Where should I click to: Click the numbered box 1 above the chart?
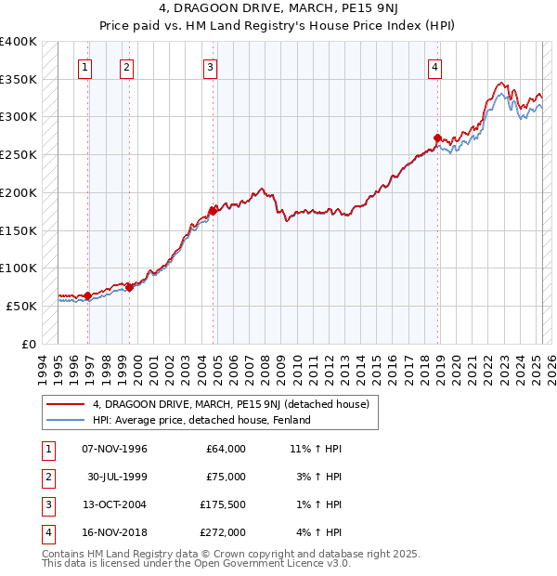pos(84,66)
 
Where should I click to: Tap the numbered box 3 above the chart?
pos(211,66)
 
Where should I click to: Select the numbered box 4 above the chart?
pos(434,66)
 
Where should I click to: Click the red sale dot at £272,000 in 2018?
pos(438,138)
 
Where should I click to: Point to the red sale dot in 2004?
pos(213,211)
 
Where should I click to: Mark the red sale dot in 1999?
pos(130,287)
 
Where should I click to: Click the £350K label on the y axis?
pos(18,80)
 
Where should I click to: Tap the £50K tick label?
pos(21,306)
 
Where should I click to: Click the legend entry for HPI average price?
pos(201,420)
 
